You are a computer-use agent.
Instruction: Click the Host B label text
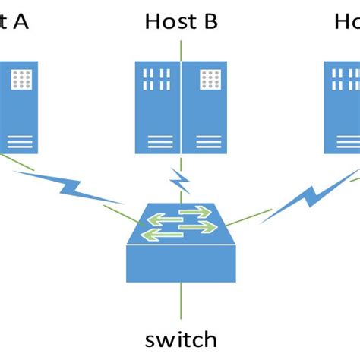pos(181,21)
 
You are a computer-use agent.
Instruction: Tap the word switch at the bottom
pos(181,339)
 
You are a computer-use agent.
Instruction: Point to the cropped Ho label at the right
pos(346,21)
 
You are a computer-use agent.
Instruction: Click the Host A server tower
pos(19,107)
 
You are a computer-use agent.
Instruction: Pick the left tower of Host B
pos(157,107)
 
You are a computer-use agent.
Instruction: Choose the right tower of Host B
pos(204,107)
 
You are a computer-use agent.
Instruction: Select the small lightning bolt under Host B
pos(179,181)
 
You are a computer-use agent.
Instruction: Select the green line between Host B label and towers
pos(181,49)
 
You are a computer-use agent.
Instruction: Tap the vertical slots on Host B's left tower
pos(157,80)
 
